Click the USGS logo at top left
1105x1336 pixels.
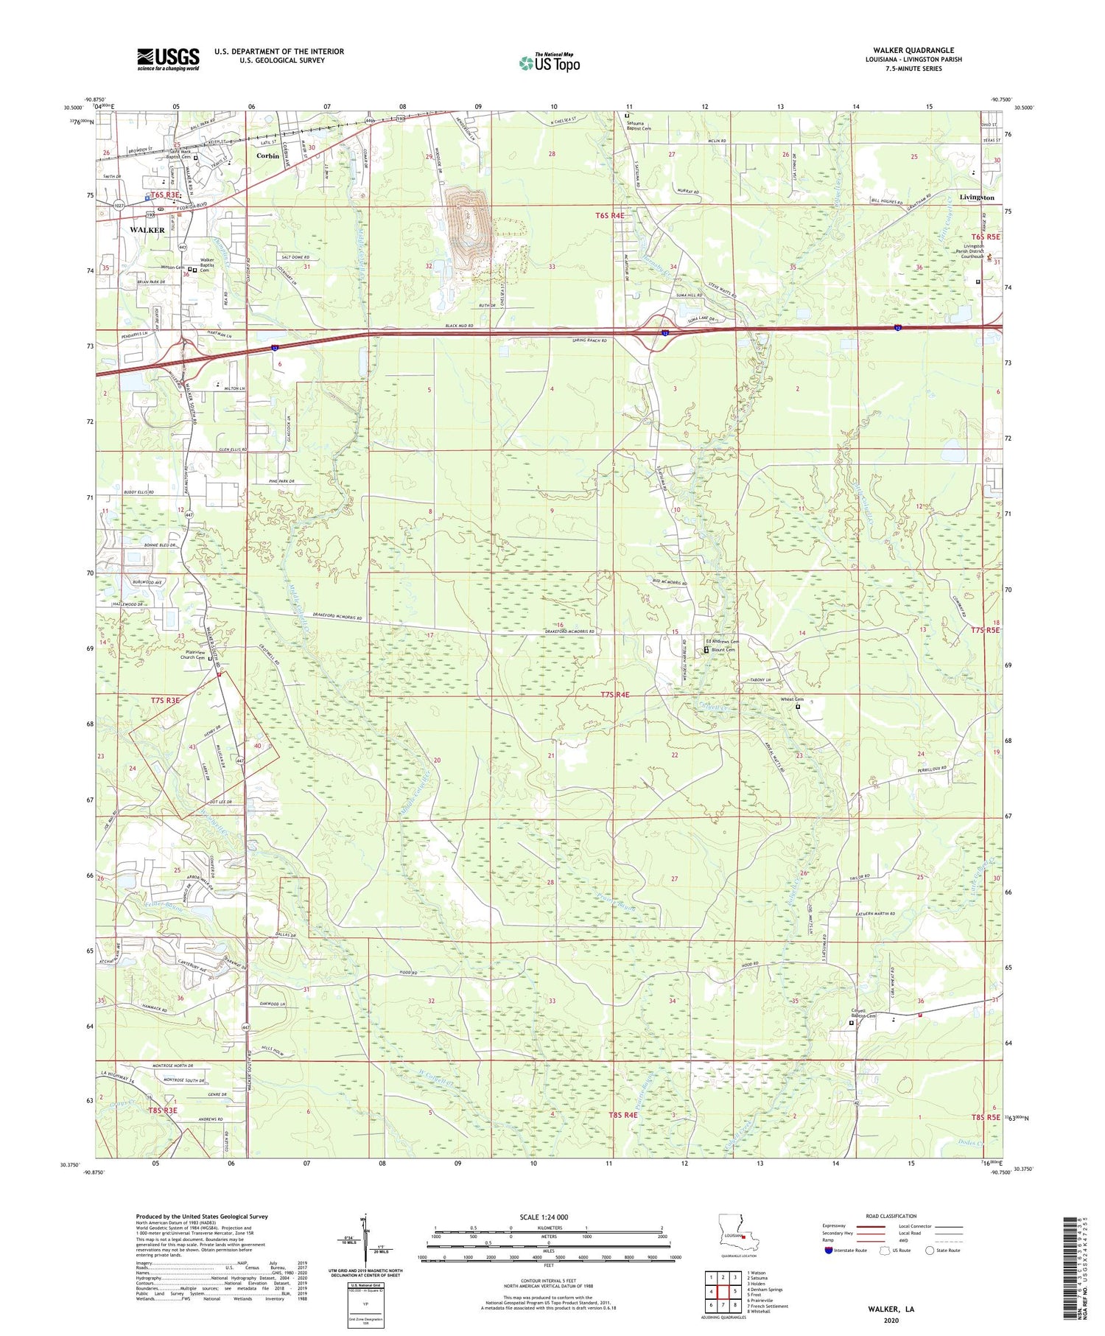[168, 59]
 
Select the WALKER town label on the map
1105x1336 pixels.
[147, 230]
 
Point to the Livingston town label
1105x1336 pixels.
[976, 197]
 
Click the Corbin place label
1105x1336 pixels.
[267, 156]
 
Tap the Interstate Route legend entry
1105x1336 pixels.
[849, 1250]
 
